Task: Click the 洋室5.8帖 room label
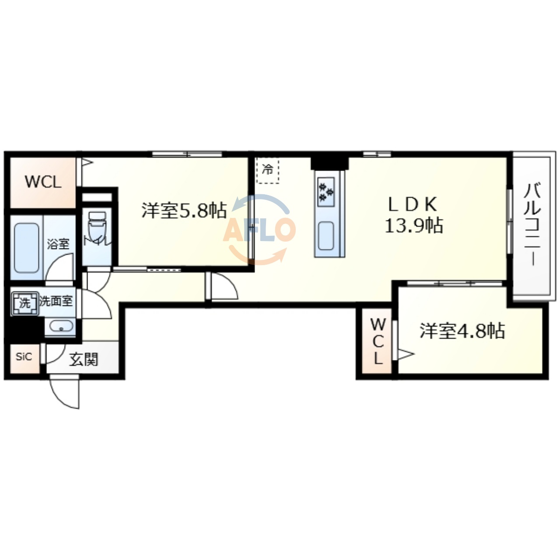(184, 210)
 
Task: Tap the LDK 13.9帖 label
(413, 215)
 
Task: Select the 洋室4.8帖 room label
(462, 331)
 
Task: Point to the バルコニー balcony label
(532, 225)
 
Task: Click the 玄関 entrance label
(84, 360)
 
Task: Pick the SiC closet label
(24, 357)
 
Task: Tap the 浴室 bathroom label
(58, 244)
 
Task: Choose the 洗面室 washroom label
(56, 301)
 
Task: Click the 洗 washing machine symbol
(24, 302)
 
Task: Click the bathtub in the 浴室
(27, 247)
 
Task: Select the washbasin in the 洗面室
(60, 326)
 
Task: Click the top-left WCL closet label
(42, 182)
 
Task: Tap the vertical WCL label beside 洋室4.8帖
(378, 341)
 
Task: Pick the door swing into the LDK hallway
(223, 287)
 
